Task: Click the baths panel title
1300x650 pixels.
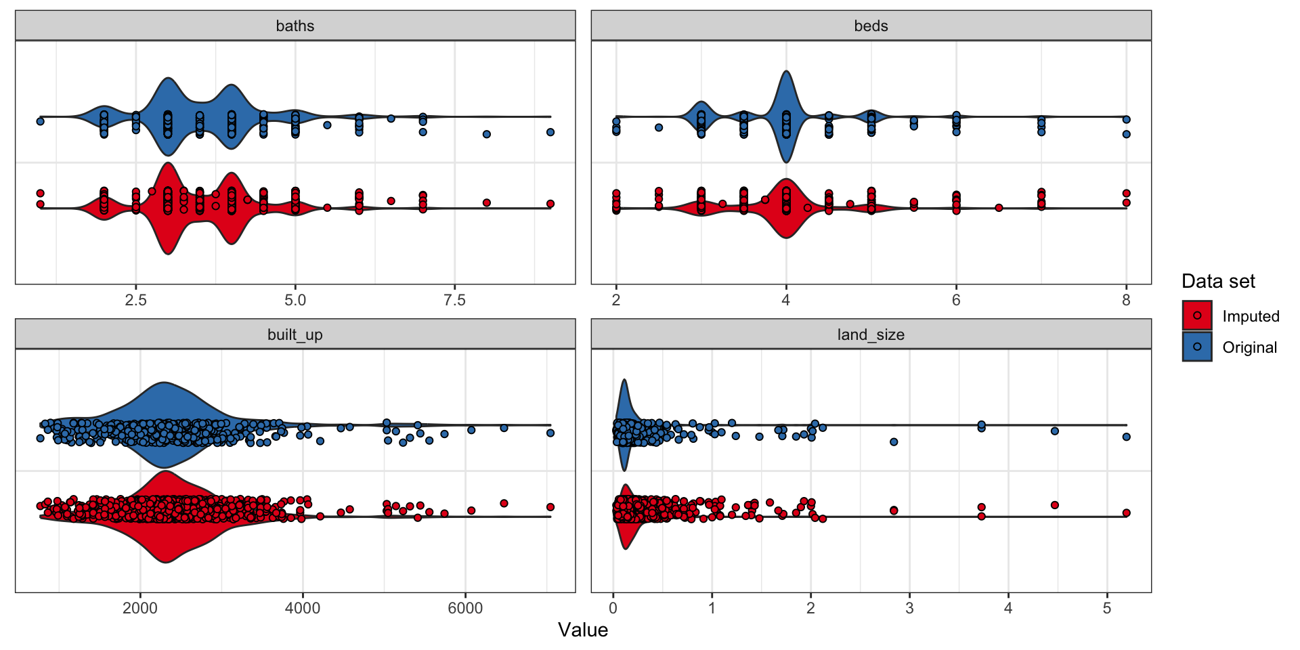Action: (x=295, y=26)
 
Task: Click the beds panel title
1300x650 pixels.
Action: (x=871, y=26)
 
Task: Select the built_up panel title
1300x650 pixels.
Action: (x=295, y=334)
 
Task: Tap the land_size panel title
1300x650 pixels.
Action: (x=871, y=334)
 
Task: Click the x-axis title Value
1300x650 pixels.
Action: (x=583, y=630)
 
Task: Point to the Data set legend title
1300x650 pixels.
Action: (x=1218, y=281)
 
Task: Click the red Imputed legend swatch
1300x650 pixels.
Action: (x=1197, y=316)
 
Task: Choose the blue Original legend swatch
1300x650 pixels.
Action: (x=1197, y=347)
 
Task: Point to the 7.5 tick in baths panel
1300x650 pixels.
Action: (x=455, y=300)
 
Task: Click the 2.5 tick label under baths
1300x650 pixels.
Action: (x=136, y=300)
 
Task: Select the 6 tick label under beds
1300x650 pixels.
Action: (x=956, y=300)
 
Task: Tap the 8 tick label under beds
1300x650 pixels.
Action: (x=1126, y=300)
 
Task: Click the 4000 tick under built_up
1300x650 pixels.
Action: (x=303, y=608)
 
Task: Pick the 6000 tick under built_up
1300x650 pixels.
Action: (x=465, y=608)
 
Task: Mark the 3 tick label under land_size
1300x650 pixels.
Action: (x=909, y=608)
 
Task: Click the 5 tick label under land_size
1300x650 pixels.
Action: (x=1107, y=608)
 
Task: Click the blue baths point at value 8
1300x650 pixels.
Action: (x=486, y=134)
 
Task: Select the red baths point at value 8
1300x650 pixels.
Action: (x=486, y=202)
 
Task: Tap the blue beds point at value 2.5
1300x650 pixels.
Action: (x=659, y=127)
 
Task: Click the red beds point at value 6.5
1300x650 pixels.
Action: (x=999, y=208)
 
